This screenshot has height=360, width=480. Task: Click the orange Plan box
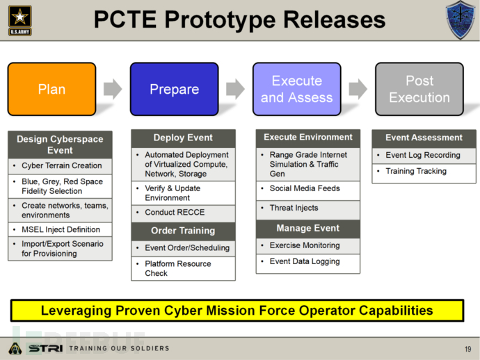51,89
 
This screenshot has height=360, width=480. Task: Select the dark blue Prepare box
174,89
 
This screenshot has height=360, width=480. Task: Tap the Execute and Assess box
296,89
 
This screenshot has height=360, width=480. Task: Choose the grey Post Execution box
419,89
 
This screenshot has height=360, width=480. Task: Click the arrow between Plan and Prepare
113,89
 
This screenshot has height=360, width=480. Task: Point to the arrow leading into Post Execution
358,89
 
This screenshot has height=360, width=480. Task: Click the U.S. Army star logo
20,20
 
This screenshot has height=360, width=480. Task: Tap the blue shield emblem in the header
460,20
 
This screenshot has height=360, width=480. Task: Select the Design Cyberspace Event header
60,145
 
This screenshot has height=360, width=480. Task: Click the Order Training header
183,231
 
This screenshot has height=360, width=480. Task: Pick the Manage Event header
308,228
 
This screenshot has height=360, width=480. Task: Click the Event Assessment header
424,138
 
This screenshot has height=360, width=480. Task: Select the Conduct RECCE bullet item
175,212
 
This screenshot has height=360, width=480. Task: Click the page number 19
467,349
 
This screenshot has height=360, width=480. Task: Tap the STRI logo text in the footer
46,348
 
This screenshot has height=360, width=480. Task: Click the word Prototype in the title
220,20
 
